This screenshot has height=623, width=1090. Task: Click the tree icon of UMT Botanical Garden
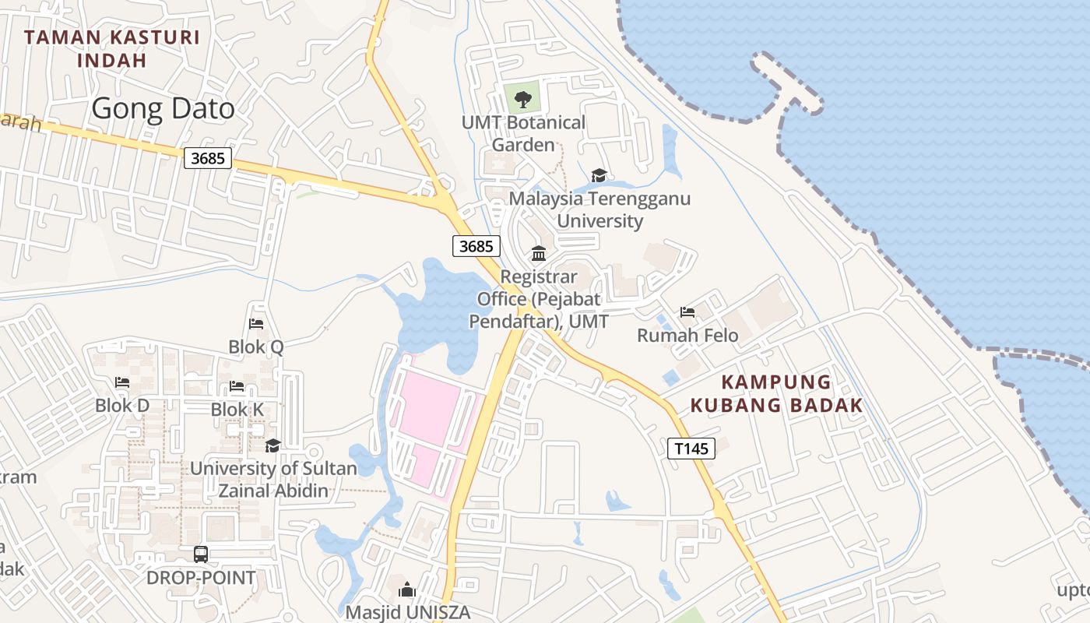[x=522, y=98]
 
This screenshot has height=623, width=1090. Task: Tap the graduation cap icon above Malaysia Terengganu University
[x=599, y=175]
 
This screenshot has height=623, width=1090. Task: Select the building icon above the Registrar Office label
[x=538, y=254]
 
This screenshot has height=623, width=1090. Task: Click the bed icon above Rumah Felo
[x=687, y=312]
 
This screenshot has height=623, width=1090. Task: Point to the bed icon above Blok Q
[x=256, y=324]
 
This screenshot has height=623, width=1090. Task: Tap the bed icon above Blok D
[x=122, y=382]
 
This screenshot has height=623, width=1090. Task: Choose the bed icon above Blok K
[x=237, y=386]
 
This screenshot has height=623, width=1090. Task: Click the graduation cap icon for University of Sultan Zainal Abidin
[x=272, y=445]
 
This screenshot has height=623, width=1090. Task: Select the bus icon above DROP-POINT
[x=201, y=554]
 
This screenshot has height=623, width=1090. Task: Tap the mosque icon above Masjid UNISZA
[x=407, y=590]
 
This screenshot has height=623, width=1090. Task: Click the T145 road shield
[x=691, y=448]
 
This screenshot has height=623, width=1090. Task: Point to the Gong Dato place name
[x=163, y=109]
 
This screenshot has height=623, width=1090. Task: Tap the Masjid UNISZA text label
[x=408, y=612]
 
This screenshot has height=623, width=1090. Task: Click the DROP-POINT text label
[x=201, y=578]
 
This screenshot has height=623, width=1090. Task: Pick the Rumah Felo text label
[x=687, y=336]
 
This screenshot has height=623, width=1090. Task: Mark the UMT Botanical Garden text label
[x=523, y=133]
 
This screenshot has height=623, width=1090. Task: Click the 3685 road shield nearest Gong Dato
[x=208, y=159]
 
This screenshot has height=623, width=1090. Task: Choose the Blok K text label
[x=237, y=409]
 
